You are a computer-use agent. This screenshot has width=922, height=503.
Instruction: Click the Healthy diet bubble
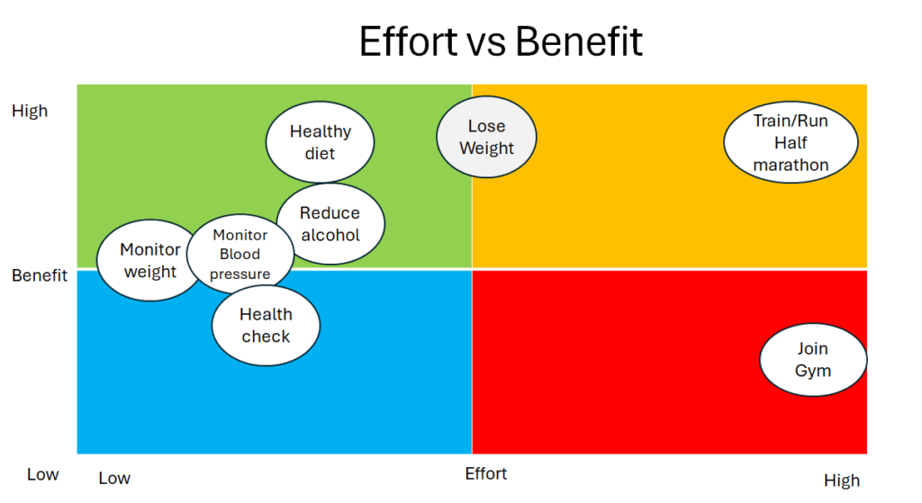point(320,142)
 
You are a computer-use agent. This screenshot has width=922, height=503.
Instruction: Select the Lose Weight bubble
point(486,137)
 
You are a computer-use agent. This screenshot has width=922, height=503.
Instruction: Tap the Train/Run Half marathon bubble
point(791,142)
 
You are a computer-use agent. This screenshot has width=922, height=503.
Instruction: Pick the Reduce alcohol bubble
point(330,224)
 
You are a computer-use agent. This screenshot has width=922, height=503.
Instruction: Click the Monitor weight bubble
point(150,260)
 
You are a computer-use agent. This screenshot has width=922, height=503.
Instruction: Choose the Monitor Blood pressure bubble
point(240,254)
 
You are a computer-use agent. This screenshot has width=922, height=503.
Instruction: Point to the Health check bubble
point(266,326)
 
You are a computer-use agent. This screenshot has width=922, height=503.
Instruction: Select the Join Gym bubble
point(813,360)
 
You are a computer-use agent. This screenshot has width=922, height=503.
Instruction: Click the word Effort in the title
point(408,41)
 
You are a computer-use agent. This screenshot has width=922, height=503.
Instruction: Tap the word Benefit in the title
point(579,41)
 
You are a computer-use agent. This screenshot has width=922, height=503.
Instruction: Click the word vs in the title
point(486,45)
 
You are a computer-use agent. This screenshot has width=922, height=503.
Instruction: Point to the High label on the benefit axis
point(30,111)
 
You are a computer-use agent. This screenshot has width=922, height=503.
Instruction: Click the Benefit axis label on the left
point(40,275)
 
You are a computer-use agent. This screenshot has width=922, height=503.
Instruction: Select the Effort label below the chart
point(485,473)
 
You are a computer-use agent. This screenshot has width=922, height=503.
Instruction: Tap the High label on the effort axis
point(842,481)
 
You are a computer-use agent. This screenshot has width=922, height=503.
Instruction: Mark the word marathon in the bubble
point(791,166)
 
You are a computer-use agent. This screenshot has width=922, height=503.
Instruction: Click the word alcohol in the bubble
point(330,235)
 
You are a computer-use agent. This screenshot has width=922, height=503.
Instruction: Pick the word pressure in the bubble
point(240,274)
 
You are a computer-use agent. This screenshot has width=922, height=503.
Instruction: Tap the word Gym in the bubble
point(813,371)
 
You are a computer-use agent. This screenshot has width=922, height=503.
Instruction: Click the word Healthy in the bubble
point(321,131)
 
